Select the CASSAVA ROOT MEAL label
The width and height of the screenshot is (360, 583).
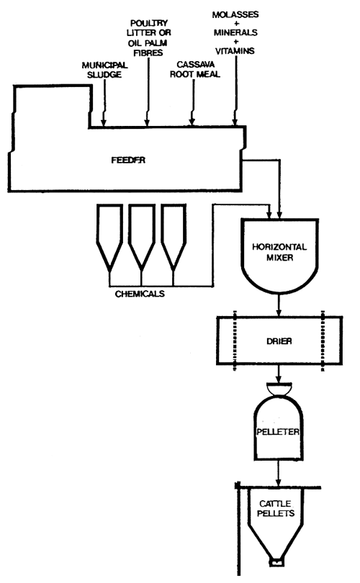point(192,68)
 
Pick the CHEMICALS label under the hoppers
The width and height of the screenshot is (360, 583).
point(140,293)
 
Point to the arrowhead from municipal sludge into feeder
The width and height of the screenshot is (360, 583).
point(104,122)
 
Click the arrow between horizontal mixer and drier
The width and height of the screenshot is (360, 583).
point(279,308)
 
